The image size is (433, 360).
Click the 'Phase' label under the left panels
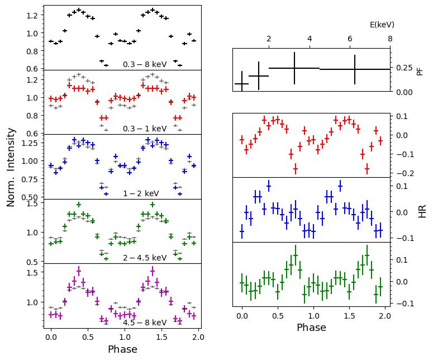click(122, 349)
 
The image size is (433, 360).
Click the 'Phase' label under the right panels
click(311, 328)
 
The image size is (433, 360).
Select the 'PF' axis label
click(420, 71)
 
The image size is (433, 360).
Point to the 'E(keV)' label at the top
click(382, 25)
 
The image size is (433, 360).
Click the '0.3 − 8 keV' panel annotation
click(145, 65)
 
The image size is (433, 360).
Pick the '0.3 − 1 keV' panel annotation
click(145, 129)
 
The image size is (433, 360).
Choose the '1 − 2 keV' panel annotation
click(141, 194)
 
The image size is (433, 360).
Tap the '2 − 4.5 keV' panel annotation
click(145, 258)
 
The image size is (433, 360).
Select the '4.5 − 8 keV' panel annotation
click(145, 323)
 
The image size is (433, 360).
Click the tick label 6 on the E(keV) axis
click(350, 39)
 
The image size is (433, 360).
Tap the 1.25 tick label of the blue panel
click(31, 143)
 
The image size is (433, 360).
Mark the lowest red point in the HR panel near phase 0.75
click(296, 168)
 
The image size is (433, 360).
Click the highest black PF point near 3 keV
click(294, 68)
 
